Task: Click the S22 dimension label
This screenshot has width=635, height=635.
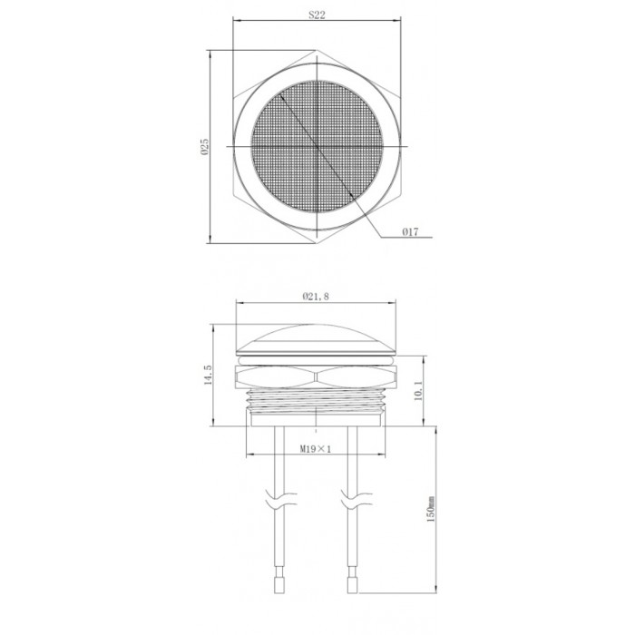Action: pyautogui.click(x=317, y=15)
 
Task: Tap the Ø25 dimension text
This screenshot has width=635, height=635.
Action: pyautogui.click(x=204, y=147)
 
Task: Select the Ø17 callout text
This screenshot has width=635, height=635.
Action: pyautogui.click(x=410, y=232)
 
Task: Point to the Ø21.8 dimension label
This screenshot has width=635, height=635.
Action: pyautogui.click(x=316, y=297)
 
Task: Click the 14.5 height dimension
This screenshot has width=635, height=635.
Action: pyautogui.click(x=208, y=375)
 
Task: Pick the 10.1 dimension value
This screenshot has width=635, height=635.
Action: pyautogui.click(x=419, y=390)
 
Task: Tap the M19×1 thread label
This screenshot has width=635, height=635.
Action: pyautogui.click(x=316, y=449)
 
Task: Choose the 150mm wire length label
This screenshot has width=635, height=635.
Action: pyautogui.click(x=431, y=509)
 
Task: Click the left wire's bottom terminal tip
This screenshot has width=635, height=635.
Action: pyautogui.click(x=279, y=593)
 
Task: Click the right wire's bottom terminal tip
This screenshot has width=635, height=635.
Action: pyautogui.click(x=352, y=593)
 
